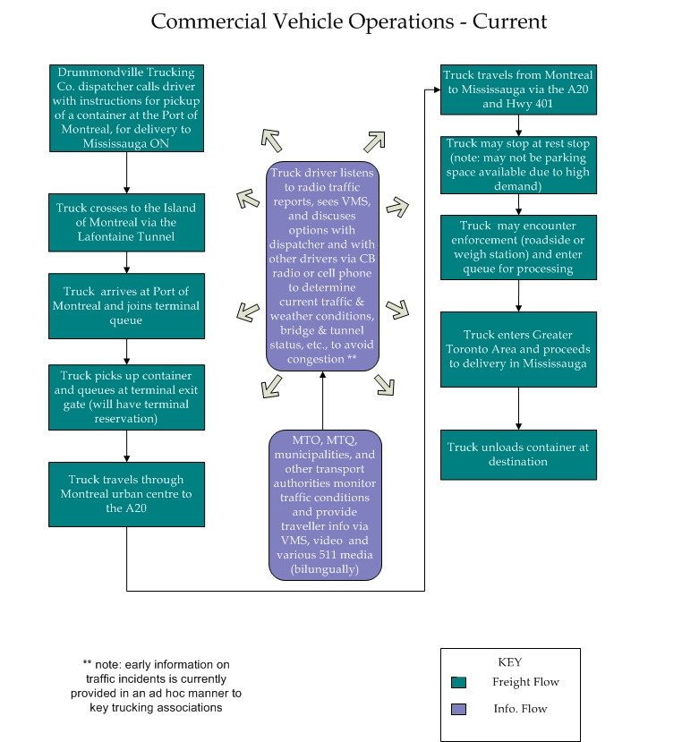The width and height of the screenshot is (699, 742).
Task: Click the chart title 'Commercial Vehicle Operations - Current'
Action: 349,21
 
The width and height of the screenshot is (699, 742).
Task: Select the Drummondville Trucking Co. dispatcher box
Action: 127,108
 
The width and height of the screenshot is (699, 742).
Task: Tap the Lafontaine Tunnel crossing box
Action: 127,222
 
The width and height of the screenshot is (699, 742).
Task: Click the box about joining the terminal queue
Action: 127,306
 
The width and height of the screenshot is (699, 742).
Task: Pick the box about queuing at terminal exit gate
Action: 127,397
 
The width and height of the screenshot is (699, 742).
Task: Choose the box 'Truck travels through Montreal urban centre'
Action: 127,494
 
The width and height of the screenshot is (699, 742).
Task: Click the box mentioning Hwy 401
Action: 519,90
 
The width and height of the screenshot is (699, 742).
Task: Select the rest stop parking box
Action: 519,165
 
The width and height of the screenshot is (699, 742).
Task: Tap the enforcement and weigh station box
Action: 519,248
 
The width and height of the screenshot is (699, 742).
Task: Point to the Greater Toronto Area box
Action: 519,349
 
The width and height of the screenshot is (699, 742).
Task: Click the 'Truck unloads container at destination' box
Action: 519,455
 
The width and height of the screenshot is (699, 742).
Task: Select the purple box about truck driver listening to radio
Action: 322,266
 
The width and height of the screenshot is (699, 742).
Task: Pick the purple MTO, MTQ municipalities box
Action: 325,505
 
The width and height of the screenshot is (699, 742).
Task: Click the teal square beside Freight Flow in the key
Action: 458,682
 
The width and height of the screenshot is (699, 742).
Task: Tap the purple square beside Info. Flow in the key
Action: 458,709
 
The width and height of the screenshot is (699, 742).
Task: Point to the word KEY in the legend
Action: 509,662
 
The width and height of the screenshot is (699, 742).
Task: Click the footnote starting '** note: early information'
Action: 156,686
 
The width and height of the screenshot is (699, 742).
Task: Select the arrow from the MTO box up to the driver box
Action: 323,400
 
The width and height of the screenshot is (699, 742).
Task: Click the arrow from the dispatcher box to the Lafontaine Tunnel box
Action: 127,173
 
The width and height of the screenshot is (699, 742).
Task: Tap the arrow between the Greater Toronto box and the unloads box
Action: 519,408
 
